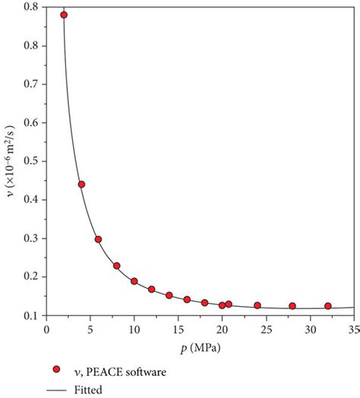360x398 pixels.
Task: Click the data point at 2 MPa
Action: (64, 14)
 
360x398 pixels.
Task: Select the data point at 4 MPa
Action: (81, 185)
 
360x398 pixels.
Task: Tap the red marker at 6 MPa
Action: (98, 239)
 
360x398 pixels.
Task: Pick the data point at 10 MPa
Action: (134, 281)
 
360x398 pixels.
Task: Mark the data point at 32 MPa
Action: (328, 306)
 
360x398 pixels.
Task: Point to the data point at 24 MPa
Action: (257, 305)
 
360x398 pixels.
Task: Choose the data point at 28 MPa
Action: (292, 306)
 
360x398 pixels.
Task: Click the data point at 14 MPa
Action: (169, 295)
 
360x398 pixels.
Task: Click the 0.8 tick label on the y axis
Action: (30, 8)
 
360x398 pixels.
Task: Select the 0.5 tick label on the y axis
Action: (30, 161)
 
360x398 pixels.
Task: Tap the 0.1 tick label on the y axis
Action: (30, 314)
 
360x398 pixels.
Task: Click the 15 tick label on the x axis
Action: (178, 330)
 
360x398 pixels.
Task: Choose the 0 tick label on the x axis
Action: (46, 330)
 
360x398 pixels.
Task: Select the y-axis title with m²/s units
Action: (10, 161)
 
